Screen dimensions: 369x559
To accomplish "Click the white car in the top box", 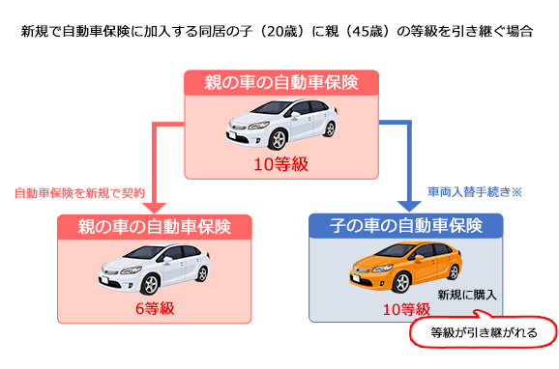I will click(x=279, y=127).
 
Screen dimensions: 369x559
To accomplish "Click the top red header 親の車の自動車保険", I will click(x=279, y=83).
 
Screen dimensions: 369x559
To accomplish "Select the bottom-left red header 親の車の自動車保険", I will click(x=155, y=228).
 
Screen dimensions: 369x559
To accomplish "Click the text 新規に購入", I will click(x=466, y=295).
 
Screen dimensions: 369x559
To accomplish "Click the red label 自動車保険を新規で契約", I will click(x=79, y=192).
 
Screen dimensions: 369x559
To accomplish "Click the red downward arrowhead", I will click(x=155, y=206).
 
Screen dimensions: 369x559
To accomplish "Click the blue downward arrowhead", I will click(x=407, y=206).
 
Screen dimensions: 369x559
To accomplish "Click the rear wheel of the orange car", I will click(x=429, y=284).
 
